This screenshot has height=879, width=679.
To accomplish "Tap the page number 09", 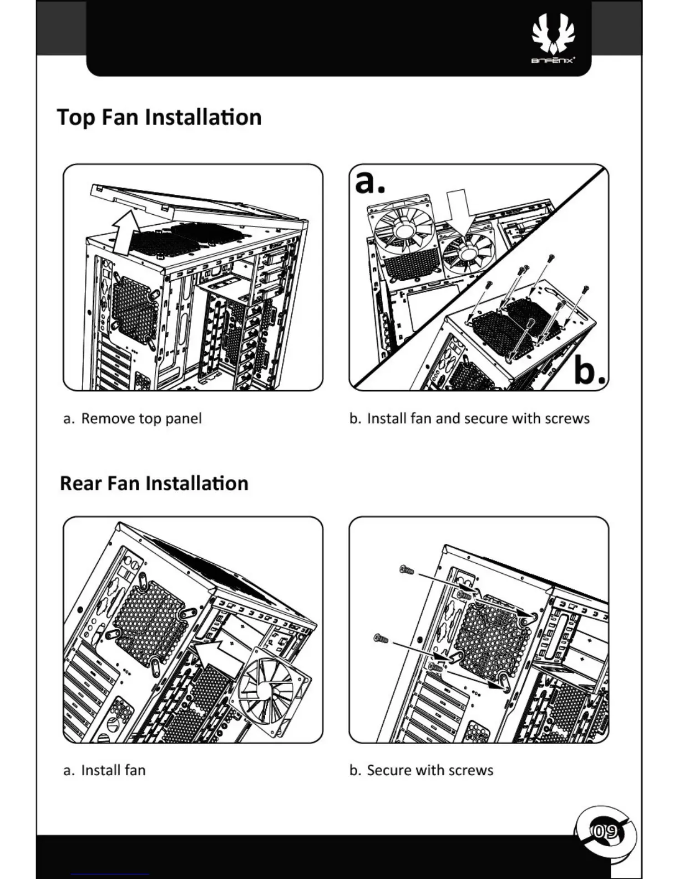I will coord(605,831).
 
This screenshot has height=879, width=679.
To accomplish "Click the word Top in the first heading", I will coord(76,118).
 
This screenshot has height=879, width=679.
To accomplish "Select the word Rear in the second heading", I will coord(81,483).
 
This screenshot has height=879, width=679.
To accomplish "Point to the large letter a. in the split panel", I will coord(369,181).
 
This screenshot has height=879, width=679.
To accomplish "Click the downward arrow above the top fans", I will coord(458,210).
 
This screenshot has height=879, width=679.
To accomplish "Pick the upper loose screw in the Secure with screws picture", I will coord(407,569).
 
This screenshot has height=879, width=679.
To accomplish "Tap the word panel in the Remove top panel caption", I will coord(184,418).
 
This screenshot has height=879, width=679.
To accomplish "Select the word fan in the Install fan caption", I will coord(135,770).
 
